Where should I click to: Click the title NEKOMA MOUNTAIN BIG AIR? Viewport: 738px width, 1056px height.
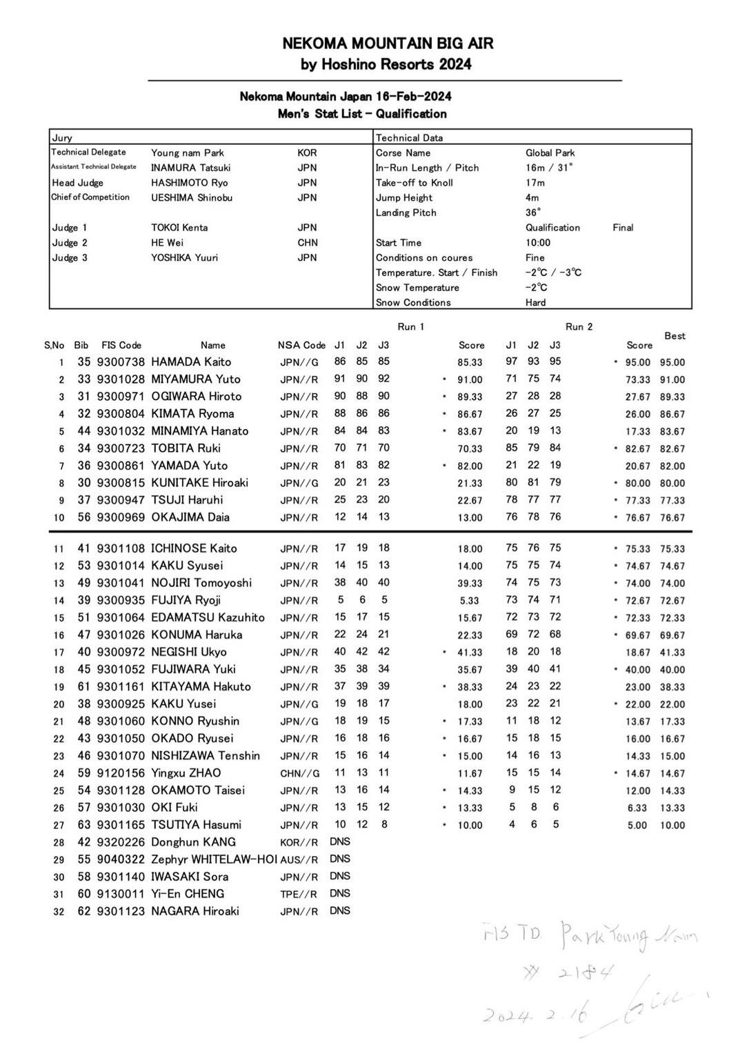pyautogui.click(x=388, y=43)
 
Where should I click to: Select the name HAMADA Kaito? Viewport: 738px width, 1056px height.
pyautogui.click(x=191, y=361)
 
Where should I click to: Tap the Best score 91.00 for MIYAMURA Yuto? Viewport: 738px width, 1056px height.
pyautogui.click(x=672, y=379)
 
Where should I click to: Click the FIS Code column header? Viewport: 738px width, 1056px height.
pyautogui.click(x=121, y=345)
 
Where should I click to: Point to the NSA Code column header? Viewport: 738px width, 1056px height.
pyautogui.click(x=301, y=345)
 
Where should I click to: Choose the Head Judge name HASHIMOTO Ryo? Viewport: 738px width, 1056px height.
pyautogui.click(x=189, y=183)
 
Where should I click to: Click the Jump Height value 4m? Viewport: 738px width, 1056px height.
pyautogui.click(x=532, y=198)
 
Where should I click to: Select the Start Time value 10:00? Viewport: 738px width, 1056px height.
pyautogui.click(x=538, y=243)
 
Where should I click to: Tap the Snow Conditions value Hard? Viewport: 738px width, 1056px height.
pyautogui.click(x=535, y=302)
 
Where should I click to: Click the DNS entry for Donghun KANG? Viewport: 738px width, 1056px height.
pyautogui.click(x=340, y=841)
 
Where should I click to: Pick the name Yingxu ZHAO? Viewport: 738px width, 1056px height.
pyautogui.click(x=186, y=773)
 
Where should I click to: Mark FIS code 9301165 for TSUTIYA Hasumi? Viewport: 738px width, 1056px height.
pyautogui.click(x=121, y=824)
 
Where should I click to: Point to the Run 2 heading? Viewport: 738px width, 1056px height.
pyautogui.click(x=579, y=326)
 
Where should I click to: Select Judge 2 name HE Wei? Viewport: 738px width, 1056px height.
pyautogui.click(x=167, y=243)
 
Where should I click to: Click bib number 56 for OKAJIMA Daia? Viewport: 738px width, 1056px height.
pyautogui.click(x=83, y=517)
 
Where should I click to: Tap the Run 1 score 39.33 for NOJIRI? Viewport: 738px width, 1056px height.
pyautogui.click(x=470, y=583)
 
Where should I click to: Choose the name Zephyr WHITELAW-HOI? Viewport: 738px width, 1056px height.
pyautogui.click(x=214, y=859)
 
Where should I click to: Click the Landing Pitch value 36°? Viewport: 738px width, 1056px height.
pyautogui.click(x=533, y=212)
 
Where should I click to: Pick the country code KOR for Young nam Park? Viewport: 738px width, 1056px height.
pyautogui.click(x=307, y=153)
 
